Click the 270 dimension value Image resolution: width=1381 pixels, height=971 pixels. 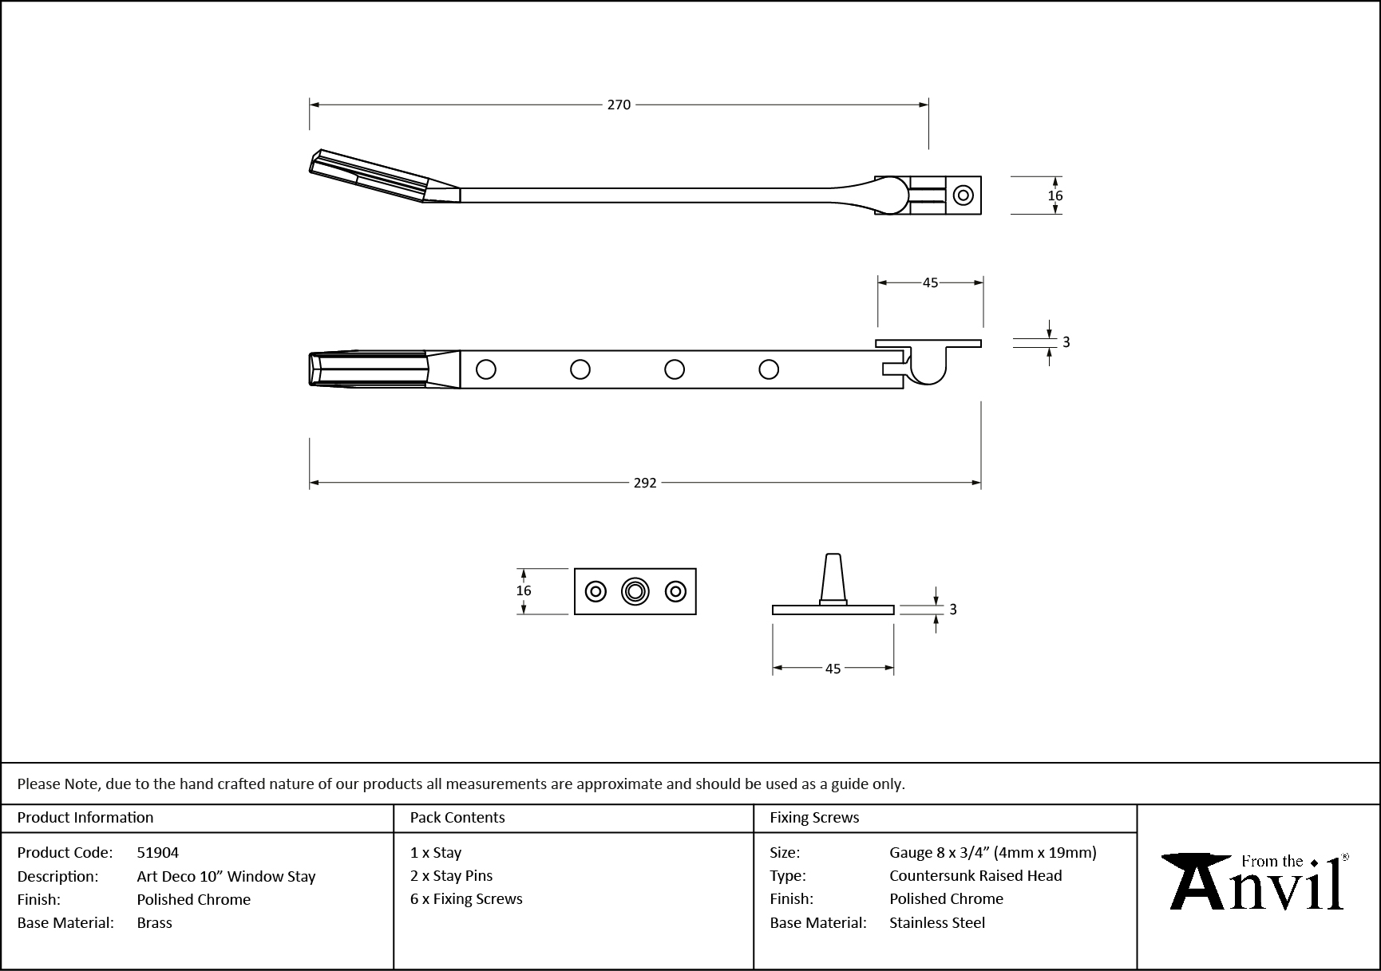[x=619, y=105]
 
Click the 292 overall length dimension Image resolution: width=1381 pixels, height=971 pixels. [x=644, y=483]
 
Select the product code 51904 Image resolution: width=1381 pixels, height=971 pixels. [x=158, y=852]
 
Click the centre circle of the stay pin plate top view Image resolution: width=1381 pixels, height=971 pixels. [x=635, y=591]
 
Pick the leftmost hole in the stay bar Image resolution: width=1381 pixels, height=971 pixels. [x=485, y=369]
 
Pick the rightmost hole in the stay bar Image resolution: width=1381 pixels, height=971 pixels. [x=769, y=369]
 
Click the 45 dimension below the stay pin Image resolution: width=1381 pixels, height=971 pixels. [x=833, y=669]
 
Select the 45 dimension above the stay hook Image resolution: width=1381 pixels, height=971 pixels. [x=930, y=282]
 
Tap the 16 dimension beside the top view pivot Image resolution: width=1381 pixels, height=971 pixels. [x=1055, y=195]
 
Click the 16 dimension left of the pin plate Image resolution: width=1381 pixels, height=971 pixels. [x=523, y=590]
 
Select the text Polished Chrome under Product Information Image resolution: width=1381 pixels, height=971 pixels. [x=193, y=899]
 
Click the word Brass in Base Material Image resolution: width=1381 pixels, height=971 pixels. [x=154, y=922]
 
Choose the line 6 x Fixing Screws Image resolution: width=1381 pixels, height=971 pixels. [x=466, y=898]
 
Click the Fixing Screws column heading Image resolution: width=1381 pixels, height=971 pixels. [x=814, y=817]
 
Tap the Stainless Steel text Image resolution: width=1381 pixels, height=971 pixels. [x=937, y=922]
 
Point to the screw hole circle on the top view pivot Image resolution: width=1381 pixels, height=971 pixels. [x=964, y=195]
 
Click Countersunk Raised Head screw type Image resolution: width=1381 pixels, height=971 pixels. [x=975, y=875]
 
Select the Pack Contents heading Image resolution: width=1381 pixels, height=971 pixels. [x=457, y=817]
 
